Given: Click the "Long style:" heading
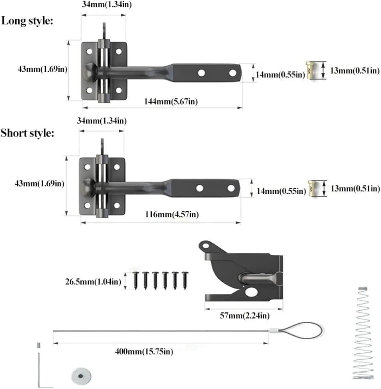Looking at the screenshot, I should (27, 21).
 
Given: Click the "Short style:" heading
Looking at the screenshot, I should (27, 133).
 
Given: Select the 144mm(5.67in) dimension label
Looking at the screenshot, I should (171, 101).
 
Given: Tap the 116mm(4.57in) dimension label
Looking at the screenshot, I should (172, 214).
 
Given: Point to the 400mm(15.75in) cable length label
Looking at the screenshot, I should (144, 352).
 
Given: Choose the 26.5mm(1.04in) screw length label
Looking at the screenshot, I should (93, 282).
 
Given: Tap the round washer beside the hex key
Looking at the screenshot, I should (81, 376).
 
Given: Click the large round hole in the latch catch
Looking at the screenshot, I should (251, 292).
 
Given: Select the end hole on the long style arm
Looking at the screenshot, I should (233, 73).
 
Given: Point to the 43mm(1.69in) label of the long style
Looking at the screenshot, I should (42, 69).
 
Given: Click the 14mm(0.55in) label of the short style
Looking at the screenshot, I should (281, 191).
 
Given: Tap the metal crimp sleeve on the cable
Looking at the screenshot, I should (272, 331).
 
